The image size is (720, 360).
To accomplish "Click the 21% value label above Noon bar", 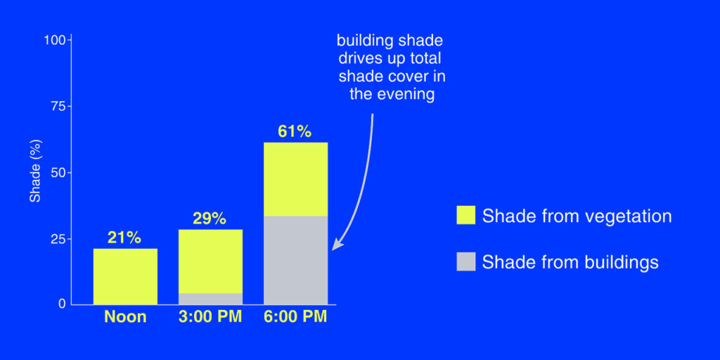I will (125, 237).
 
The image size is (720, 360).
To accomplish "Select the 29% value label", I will (210, 219).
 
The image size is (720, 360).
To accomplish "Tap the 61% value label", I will (295, 131).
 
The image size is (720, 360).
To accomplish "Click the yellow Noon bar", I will (125, 276).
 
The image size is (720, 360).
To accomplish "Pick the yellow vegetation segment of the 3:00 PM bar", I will (210, 261).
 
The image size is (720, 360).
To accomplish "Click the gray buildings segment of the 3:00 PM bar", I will (210, 299).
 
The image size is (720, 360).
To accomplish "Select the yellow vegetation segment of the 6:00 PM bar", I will (295, 179).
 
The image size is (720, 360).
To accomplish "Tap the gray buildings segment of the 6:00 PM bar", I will (295, 260).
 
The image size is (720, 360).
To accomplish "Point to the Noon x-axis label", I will (125, 317).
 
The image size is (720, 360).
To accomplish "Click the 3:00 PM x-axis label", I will (210, 317).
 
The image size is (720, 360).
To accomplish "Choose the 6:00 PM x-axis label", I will (295, 317).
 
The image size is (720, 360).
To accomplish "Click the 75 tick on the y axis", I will (59, 106).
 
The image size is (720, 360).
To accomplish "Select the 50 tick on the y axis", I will (59, 172).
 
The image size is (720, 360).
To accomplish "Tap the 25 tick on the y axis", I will (59, 239).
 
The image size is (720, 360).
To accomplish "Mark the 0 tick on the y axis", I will (63, 304).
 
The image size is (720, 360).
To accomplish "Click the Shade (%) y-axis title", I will (34, 173).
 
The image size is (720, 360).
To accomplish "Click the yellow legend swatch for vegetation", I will (465, 216).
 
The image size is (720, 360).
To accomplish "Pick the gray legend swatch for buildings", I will (465, 262).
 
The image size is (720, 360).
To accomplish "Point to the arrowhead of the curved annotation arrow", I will (335, 246).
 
